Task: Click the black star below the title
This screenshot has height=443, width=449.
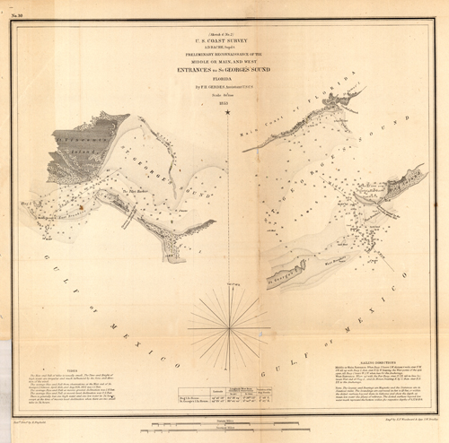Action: [227, 113]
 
